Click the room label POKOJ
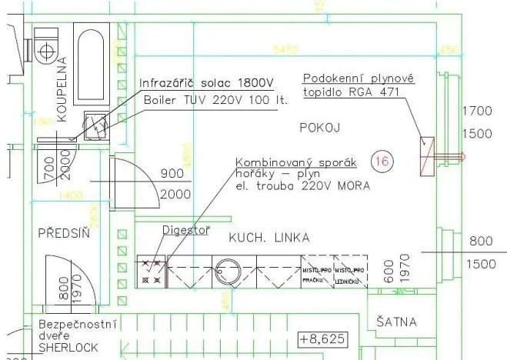pos(319,128)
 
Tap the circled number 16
pos(381,161)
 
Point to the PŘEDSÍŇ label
pos(63,233)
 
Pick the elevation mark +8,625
pos(322,338)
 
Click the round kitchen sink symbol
pos(228,272)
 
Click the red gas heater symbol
pos(428,155)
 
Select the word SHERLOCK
pos(68,347)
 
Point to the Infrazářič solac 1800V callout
pos(205,83)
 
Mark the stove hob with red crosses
pos(151,272)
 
